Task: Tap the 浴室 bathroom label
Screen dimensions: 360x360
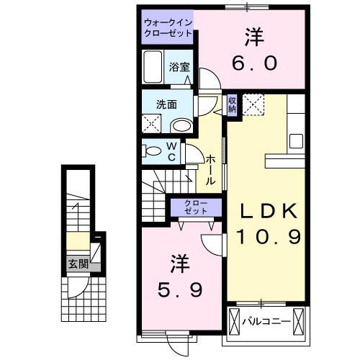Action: [x=179, y=67]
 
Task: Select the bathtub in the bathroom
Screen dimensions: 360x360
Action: [x=153, y=68]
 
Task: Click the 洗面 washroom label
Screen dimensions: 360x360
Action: [x=167, y=104]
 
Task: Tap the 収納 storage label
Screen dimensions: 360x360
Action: [x=232, y=105]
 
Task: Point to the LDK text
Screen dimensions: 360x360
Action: [x=269, y=210]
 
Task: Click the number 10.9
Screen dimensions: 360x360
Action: [x=269, y=236]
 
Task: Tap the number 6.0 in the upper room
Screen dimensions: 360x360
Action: [x=253, y=63]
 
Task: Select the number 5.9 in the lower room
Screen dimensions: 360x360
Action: [x=180, y=290]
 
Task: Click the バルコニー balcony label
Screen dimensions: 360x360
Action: [x=268, y=319]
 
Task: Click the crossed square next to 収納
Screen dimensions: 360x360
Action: [x=253, y=104]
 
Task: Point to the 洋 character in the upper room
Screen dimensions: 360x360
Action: [x=253, y=35]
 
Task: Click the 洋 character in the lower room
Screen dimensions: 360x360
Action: [x=180, y=263]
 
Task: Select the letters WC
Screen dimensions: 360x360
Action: [x=173, y=150]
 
